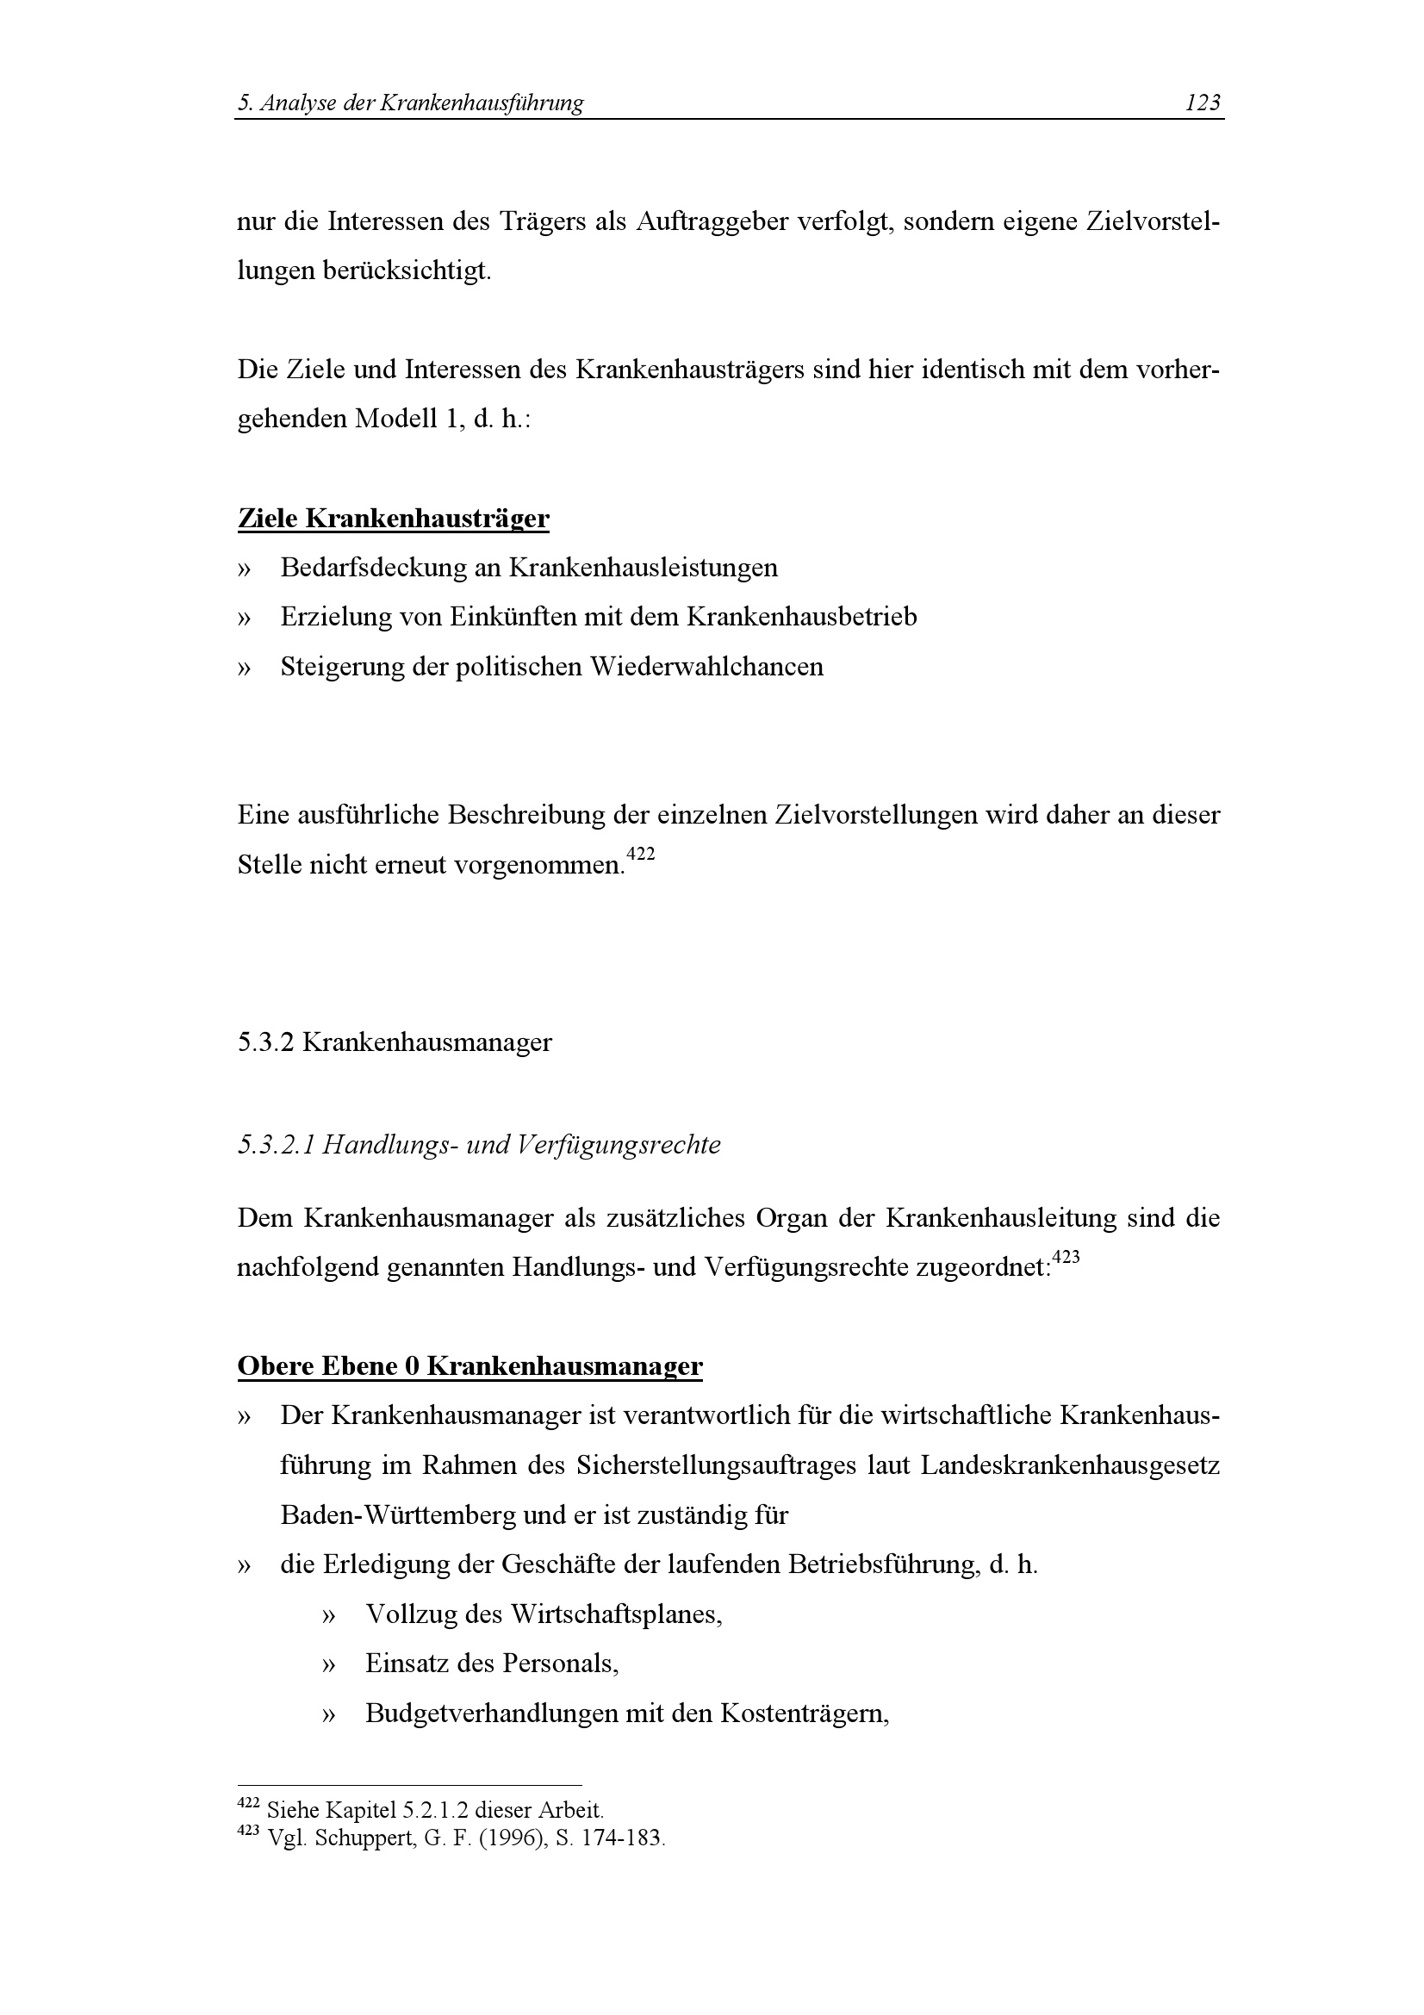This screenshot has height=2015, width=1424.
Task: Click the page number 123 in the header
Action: click(x=1202, y=103)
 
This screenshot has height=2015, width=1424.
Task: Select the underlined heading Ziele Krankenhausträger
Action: click(x=393, y=519)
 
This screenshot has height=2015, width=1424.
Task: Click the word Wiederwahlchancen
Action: click(x=706, y=667)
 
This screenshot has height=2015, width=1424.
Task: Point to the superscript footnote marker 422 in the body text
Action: click(x=642, y=853)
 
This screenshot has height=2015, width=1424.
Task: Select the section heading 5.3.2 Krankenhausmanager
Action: click(x=395, y=1042)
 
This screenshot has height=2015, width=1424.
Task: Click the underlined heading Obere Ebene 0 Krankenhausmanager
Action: click(x=469, y=1366)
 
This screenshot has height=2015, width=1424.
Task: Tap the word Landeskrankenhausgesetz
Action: click(x=1070, y=1466)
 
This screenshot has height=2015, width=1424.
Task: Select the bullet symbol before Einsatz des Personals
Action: click(x=329, y=1665)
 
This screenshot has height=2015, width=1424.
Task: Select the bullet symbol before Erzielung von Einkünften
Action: click(x=244, y=618)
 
